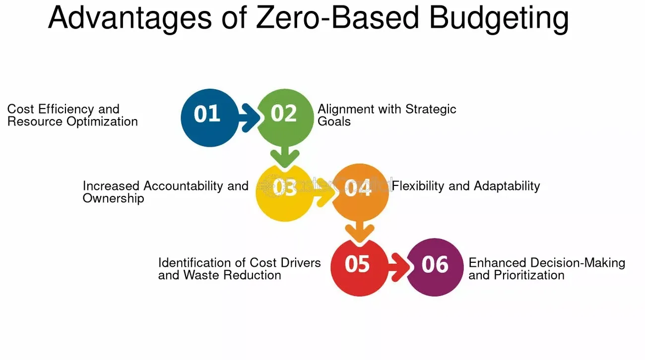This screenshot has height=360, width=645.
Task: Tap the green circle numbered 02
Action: tap(285, 115)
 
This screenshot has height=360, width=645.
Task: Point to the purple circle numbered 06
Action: tap(435, 267)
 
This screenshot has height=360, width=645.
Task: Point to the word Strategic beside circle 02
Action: tap(431, 109)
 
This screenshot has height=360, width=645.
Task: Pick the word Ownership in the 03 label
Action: tap(113, 198)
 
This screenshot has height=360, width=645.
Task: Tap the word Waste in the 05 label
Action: tap(201, 275)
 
